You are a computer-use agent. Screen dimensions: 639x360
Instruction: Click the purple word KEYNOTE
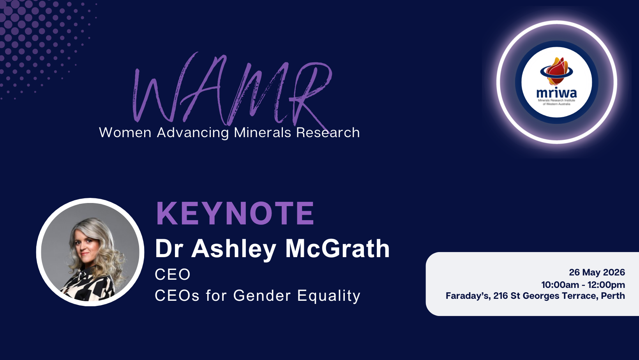[x=235, y=214]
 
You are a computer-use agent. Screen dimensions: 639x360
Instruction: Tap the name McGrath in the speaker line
[x=337, y=249]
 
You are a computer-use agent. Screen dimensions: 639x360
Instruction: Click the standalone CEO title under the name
[x=173, y=274]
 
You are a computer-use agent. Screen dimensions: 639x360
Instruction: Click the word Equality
[x=329, y=296]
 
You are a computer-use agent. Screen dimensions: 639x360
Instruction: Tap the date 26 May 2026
[x=597, y=272]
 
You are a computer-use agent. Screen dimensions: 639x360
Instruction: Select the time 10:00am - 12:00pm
[x=583, y=285]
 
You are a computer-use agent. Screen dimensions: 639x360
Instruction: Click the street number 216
[x=501, y=296]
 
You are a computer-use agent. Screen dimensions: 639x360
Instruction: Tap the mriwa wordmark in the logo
[x=556, y=93]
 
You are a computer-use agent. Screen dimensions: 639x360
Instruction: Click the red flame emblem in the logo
[x=556, y=71]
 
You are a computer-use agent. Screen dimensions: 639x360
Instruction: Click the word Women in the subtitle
[x=125, y=132]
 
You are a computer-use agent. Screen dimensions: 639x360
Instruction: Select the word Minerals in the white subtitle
[x=262, y=132]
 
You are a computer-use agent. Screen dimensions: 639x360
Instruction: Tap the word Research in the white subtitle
[x=328, y=132]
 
